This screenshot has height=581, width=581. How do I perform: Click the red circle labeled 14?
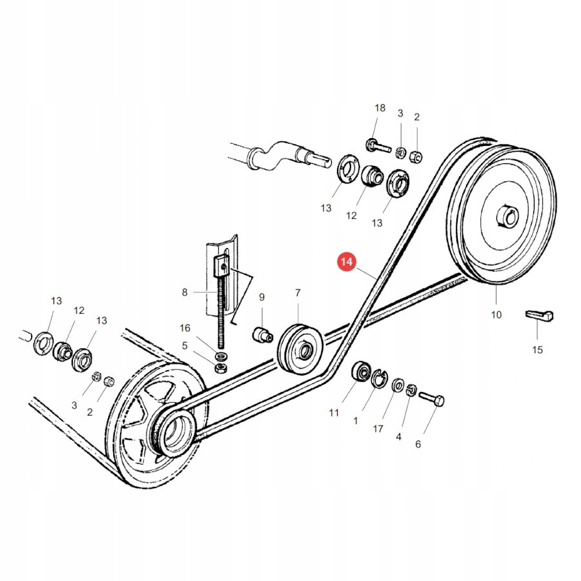[x=347, y=262]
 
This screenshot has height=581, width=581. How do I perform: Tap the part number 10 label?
[x=496, y=315]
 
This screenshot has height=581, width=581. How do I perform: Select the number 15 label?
[x=537, y=350]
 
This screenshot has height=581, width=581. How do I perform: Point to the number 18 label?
[x=380, y=108]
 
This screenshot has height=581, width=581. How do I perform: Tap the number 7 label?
[x=298, y=293]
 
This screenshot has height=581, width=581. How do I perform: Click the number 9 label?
[x=262, y=297]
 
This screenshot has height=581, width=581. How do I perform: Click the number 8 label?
[x=185, y=292]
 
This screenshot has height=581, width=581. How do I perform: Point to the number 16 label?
[x=185, y=328]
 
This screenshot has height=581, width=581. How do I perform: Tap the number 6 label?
[x=418, y=444]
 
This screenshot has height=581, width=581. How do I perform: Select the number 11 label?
[x=334, y=413]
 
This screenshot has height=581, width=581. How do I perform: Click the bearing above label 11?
[x=360, y=373]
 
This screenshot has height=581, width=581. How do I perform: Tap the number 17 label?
[x=378, y=429]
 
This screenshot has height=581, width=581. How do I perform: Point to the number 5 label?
[x=185, y=345]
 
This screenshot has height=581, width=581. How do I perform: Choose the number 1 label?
[x=356, y=421]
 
